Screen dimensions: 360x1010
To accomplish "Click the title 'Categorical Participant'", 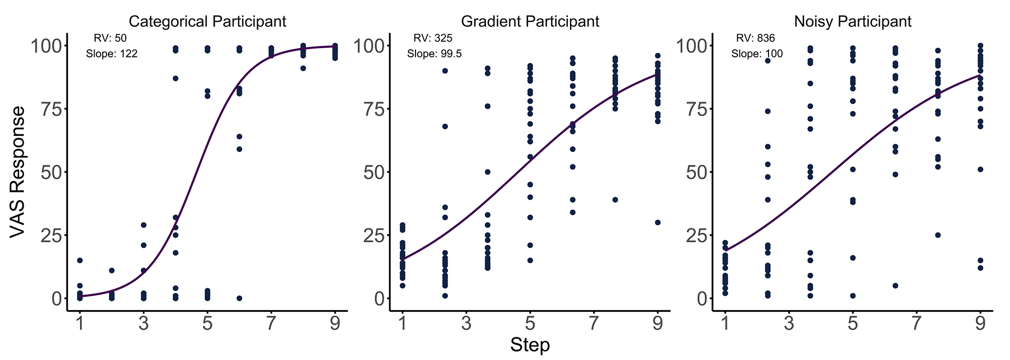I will pyautogui.click(x=207, y=22).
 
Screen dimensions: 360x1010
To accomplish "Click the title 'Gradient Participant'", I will pyautogui.click(x=530, y=22).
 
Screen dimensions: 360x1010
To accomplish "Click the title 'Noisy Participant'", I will pyautogui.click(x=853, y=22).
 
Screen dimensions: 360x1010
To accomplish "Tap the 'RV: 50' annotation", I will pyautogui.click(x=110, y=38).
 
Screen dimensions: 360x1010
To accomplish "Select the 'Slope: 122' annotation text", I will pyautogui.click(x=112, y=54).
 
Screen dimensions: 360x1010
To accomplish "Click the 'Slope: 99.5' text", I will pyautogui.click(x=434, y=54).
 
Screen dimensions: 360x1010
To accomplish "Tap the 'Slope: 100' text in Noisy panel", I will pyautogui.click(x=757, y=54).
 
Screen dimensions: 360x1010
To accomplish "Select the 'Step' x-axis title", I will pyautogui.click(x=530, y=345).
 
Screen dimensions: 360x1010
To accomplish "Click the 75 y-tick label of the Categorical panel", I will pyautogui.click(x=50, y=109).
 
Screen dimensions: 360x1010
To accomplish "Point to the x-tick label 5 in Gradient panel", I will pyautogui.click(x=530, y=323).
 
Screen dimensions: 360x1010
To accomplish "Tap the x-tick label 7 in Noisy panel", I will pyautogui.click(x=916, y=323).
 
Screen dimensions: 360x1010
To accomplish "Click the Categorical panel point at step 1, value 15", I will pyautogui.click(x=79, y=260).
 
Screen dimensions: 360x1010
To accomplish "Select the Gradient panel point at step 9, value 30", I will pyautogui.click(x=657, y=222).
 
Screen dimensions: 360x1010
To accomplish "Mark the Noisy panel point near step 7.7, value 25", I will pyautogui.click(x=938, y=235).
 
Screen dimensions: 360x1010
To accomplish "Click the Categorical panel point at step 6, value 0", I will pyautogui.click(x=239, y=298).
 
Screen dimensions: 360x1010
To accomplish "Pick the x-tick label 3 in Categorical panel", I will pyautogui.click(x=143, y=323).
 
